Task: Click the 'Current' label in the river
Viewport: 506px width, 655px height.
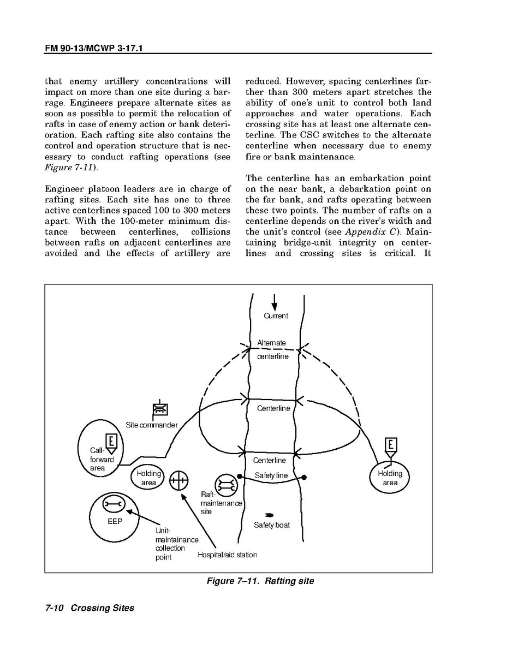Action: coord(276,315)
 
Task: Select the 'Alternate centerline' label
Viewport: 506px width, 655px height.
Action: coord(272,350)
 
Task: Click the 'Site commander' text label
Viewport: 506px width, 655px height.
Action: coord(152,425)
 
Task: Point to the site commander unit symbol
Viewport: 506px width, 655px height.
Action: coord(159,409)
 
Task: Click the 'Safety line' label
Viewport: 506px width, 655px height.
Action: coord(271,475)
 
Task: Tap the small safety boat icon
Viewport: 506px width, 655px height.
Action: coord(269,515)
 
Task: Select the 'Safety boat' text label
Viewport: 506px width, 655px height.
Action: coord(272,525)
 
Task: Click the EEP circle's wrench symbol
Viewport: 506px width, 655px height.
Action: coord(114,503)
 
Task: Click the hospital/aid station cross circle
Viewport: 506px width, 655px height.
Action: coord(178,481)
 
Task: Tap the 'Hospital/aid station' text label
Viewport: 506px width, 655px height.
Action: coord(227,555)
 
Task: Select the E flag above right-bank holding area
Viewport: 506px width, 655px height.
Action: coord(391,448)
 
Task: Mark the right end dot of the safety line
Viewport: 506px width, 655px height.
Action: coord(304,477)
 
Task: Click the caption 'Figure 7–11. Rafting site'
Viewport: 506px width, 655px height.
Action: coord(260,581)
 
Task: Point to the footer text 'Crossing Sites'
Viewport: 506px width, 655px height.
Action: coord(102,608)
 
